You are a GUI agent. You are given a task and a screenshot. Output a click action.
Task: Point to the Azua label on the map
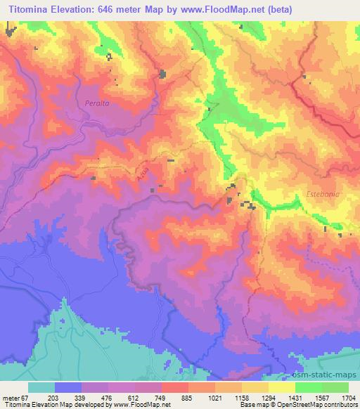(x=144, y=181)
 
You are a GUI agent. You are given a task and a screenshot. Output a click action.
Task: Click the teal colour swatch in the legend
(x=41, y=387)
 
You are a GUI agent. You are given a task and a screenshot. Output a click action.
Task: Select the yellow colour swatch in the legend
(x=282, y=387)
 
